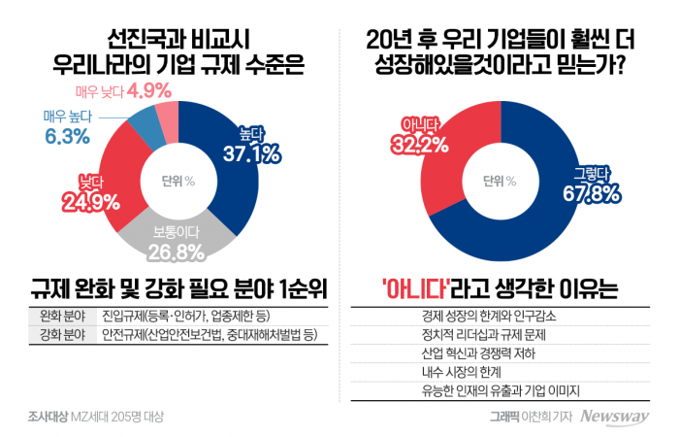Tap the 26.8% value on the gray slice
tap(178, 252)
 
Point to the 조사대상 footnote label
tap(47, 417)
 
